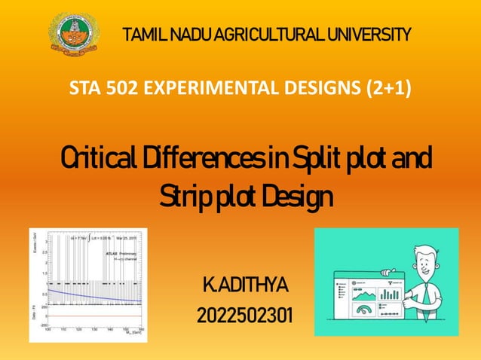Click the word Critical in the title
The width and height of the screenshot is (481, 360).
coord(93,160)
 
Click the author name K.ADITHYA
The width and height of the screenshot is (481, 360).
coord(245,286)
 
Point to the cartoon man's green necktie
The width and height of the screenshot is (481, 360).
coord(426,290)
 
